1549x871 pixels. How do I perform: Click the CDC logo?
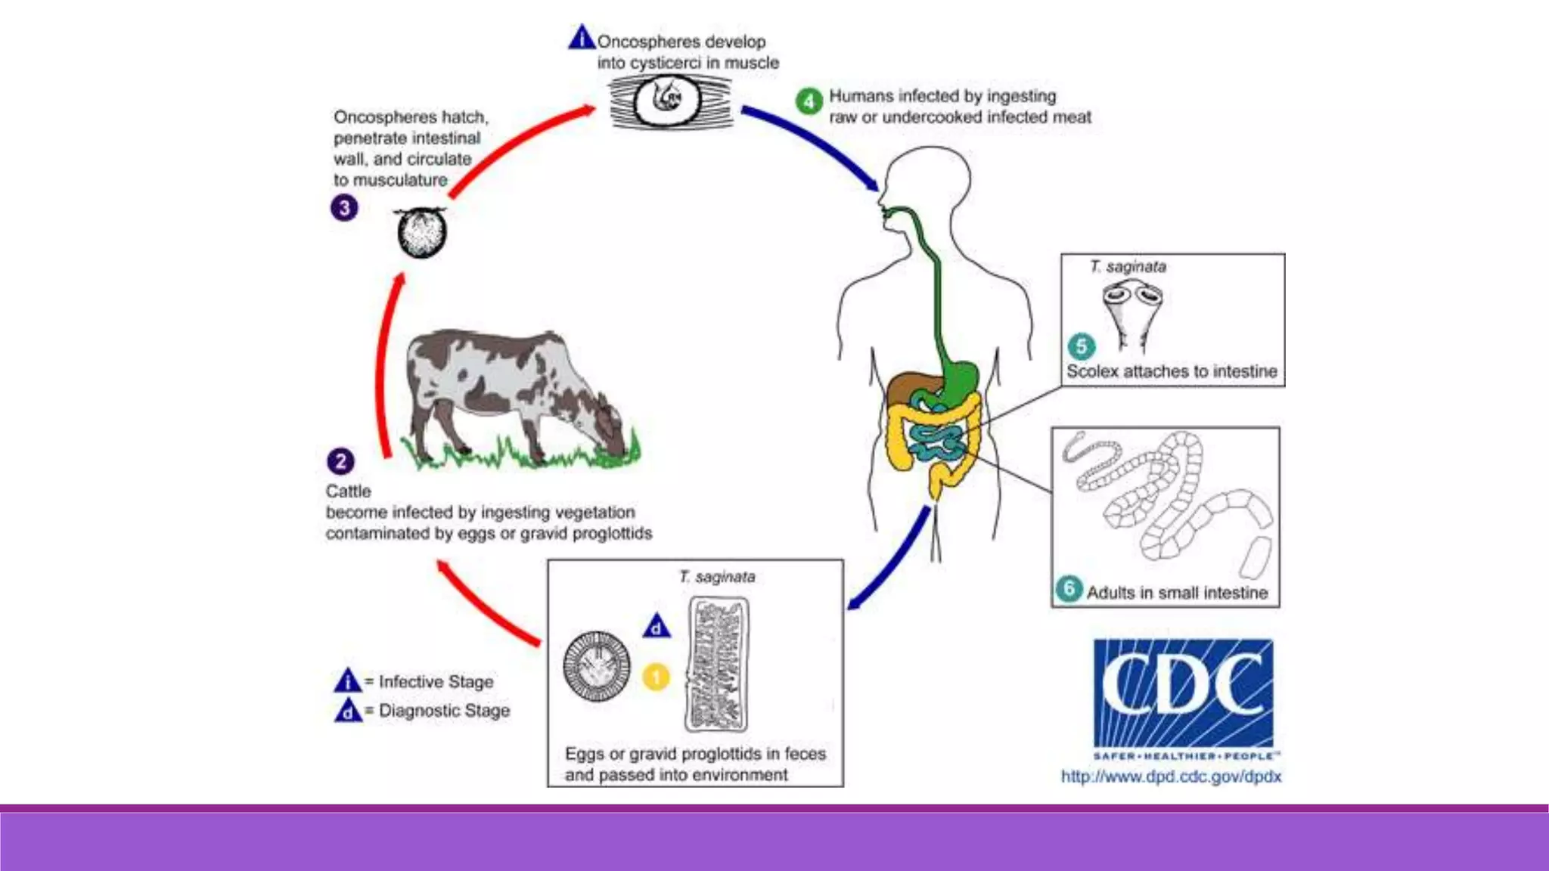point(1183,693)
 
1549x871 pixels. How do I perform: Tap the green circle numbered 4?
point(809,101)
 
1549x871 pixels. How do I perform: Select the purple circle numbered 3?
point(344,208)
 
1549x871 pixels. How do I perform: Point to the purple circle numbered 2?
point(340,461)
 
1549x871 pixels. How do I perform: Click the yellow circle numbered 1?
point(656,677)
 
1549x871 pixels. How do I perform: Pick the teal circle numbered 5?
point(1081,346)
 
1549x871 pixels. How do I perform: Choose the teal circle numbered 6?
point(1069,589)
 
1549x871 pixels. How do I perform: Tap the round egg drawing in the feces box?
point(597,666)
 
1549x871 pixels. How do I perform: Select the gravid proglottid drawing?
point(717,665)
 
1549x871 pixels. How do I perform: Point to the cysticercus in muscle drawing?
point(669,101)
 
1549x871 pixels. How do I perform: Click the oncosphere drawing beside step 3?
point(422,233)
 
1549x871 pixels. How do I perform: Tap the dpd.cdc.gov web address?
point(1171,776)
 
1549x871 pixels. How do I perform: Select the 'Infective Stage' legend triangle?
point(347,681)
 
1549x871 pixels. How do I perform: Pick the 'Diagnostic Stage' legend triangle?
point(348,711)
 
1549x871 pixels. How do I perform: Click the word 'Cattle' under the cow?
point(349,491)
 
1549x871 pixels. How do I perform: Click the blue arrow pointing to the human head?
point(813,144)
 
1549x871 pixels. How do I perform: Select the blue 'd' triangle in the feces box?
point(657,627)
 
